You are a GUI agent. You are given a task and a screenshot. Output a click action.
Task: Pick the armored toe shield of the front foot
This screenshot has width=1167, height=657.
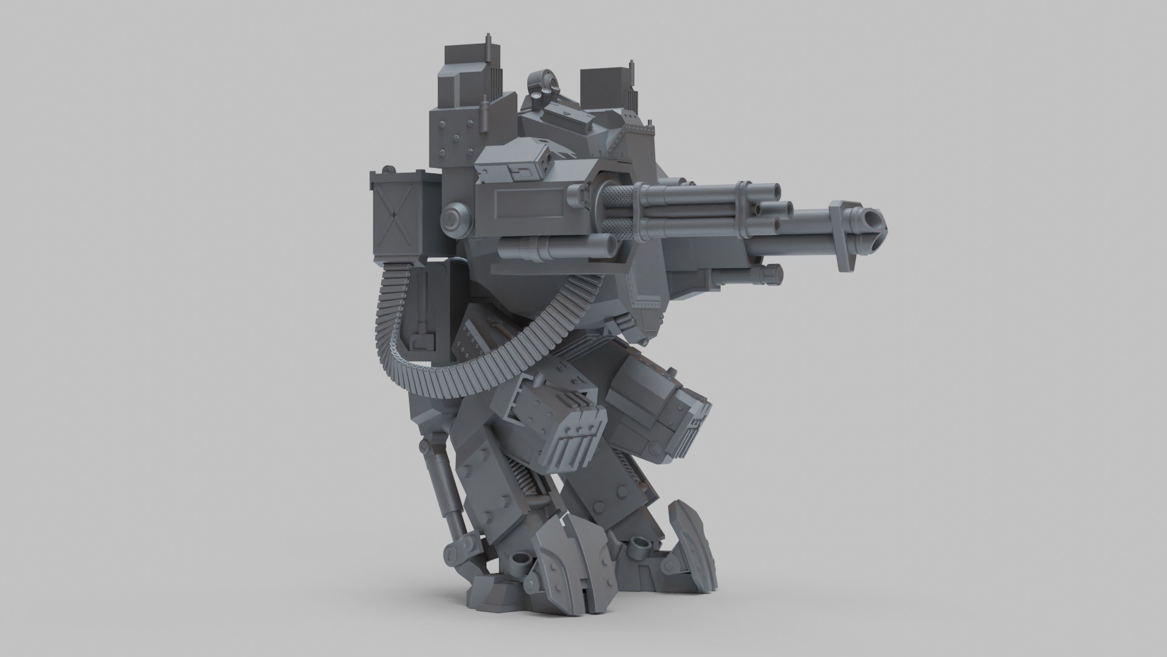pyautogui.click(x=686, y=535)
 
